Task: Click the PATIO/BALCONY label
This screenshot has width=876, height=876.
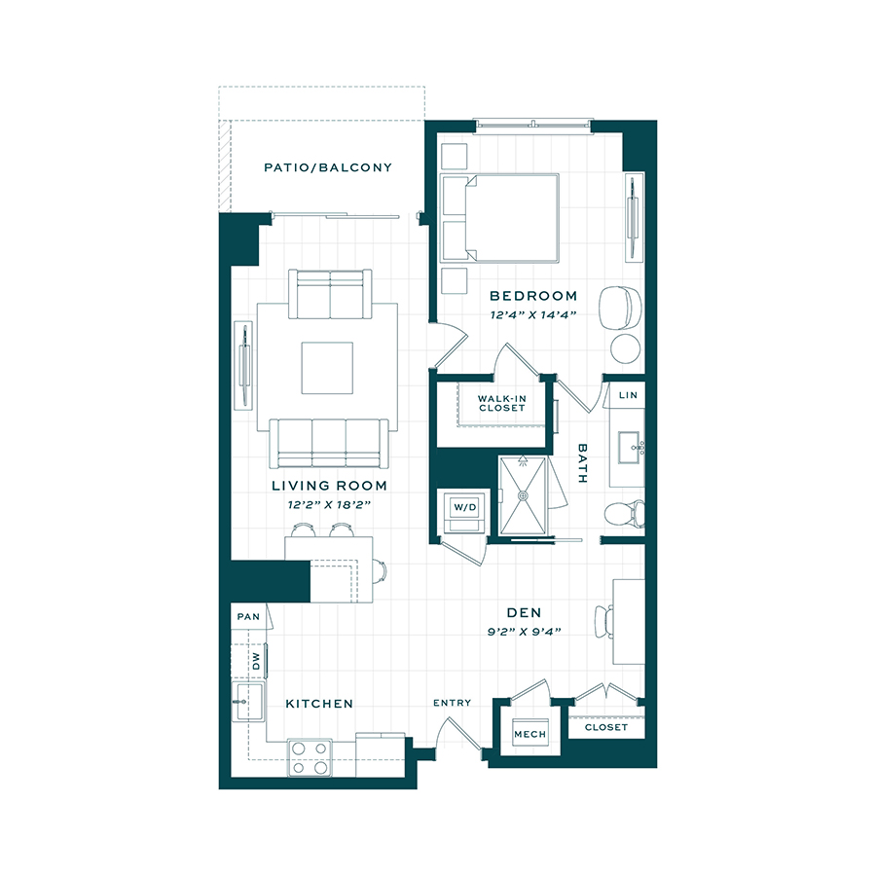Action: tap(328, 167)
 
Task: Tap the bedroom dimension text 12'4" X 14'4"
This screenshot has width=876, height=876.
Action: tap(533, 315)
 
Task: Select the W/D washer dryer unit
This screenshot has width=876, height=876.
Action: tap(465, 511)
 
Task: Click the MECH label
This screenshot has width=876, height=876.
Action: tap(529, 734)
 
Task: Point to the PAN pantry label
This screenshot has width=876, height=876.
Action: tap(248, 617)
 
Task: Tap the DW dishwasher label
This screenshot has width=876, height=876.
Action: tap(256, 662)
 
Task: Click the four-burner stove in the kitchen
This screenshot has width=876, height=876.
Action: tap(310, 757)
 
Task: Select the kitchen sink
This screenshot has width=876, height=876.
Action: tap(248, 701)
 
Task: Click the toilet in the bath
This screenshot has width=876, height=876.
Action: tap(625, 513)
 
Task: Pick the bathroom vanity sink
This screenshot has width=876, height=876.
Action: tap(632, 448)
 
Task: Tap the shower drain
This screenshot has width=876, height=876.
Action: tap(523, 495)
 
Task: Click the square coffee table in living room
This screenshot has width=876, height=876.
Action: tap(327, 368)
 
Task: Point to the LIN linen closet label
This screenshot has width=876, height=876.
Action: tap(628, 395)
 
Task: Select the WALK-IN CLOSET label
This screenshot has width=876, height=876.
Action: tap(501, 403)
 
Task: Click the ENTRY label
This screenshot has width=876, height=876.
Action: tap(452, 703)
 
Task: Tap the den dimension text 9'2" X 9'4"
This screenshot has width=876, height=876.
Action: tap(524, 632)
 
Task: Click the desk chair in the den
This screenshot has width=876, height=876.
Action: tap(603, 621)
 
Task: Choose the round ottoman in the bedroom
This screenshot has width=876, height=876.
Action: tap(625, 348)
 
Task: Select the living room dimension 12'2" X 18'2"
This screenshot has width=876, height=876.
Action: tap(329, 505)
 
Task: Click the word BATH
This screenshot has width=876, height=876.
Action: tap(582, 463)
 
